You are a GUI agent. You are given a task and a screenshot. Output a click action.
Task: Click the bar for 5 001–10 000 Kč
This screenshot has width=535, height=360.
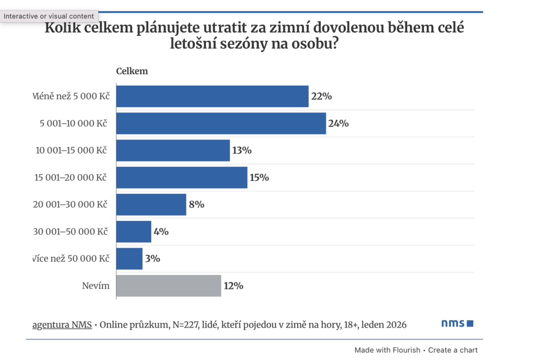[x=220, y=123]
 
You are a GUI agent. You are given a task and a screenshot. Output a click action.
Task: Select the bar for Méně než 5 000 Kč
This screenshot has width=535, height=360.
[x=212, y=96]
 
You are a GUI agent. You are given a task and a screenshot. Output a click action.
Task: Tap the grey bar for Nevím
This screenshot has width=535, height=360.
[x=168, y=286]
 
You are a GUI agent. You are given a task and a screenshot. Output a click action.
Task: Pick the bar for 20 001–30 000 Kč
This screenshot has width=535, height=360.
[x=151, y=204]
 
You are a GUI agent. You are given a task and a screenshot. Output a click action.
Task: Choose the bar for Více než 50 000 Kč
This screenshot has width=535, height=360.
[x=129, y=259]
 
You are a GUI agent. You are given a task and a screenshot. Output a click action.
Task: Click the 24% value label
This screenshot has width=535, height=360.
[x=338, y=124]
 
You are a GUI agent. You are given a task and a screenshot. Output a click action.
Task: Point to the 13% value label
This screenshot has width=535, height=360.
[x=241, y=150]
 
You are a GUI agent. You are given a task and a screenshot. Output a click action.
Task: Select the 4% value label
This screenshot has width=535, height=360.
[x=160, y=231]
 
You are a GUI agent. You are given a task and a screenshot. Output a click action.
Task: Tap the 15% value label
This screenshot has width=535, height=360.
[x=259, y=178]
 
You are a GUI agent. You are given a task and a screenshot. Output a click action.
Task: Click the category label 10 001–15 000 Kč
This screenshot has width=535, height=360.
[x=71, y=150]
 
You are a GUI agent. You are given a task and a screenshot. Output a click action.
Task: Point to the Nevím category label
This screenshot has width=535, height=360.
[x=96, y=286]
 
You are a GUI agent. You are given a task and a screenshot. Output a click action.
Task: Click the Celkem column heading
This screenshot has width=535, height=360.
[x=132, y=71]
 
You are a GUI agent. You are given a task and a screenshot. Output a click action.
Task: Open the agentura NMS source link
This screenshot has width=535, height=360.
[x=62, y=325]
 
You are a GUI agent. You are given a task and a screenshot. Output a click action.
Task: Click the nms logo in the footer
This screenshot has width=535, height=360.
[x=457, y=324]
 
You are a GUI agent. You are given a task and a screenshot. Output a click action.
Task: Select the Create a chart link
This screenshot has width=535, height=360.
[x=452, y=350]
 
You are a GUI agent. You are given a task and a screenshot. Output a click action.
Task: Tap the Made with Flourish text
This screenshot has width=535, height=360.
[x=387, y=350]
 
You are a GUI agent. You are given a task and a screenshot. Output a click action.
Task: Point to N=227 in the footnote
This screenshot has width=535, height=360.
[x=179, y=325]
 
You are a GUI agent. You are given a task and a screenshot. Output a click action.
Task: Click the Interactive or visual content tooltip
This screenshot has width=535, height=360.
[x=49, y=16]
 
